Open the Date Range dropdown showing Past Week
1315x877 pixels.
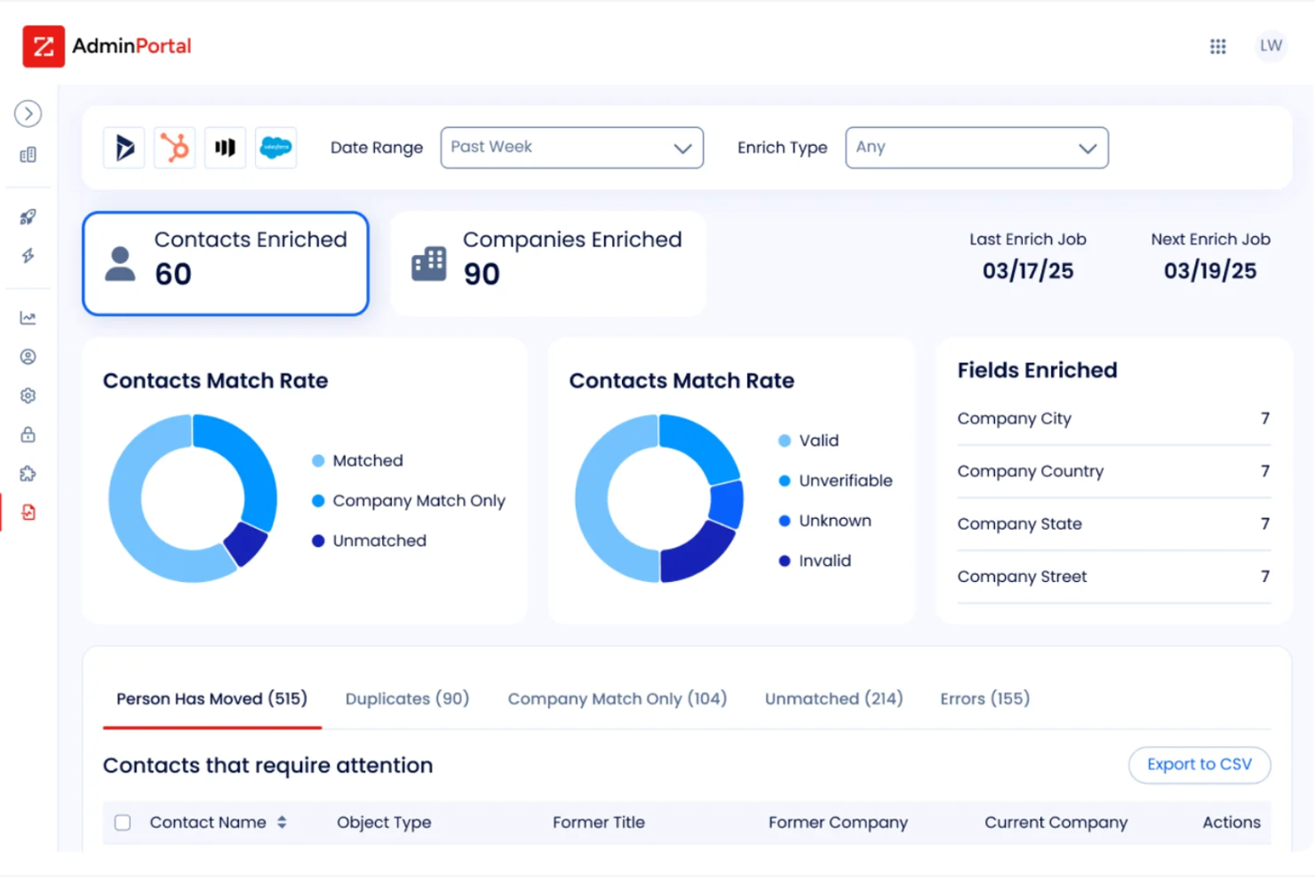coord(571,147)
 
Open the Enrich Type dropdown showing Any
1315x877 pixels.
coord(976,147)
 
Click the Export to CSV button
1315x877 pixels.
coord(1199,764)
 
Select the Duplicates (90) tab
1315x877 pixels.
coord(407,698)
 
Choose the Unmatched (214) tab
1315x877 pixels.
coord(833,698)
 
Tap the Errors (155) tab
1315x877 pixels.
coord(984,698)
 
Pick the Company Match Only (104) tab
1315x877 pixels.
coord(617,698)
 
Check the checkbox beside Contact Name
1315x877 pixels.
coord(123,823)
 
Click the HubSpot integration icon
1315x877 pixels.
coord(175,147)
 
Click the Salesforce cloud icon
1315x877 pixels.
coord(275,147)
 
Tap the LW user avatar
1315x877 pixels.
coord(1271,46)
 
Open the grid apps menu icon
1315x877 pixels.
coord(1217,46)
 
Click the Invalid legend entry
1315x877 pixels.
coord(824,561)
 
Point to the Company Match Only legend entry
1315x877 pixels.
coord(418,501)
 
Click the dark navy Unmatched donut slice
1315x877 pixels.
coord(246,544)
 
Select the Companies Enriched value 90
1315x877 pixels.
coord(482,275)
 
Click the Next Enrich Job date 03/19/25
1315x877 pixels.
coord(1209,271)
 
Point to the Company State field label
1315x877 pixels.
coord(1019,524)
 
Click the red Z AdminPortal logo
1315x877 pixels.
coord(44,46)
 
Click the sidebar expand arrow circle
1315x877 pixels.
coord(28,114)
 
